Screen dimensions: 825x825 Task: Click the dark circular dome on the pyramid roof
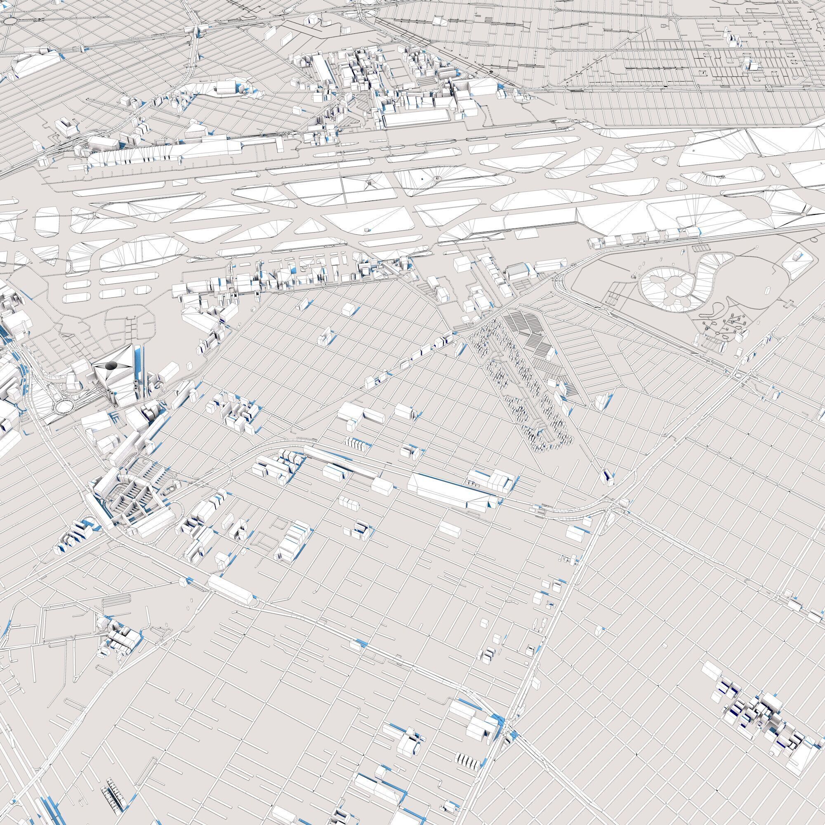[x=112, y=365]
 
